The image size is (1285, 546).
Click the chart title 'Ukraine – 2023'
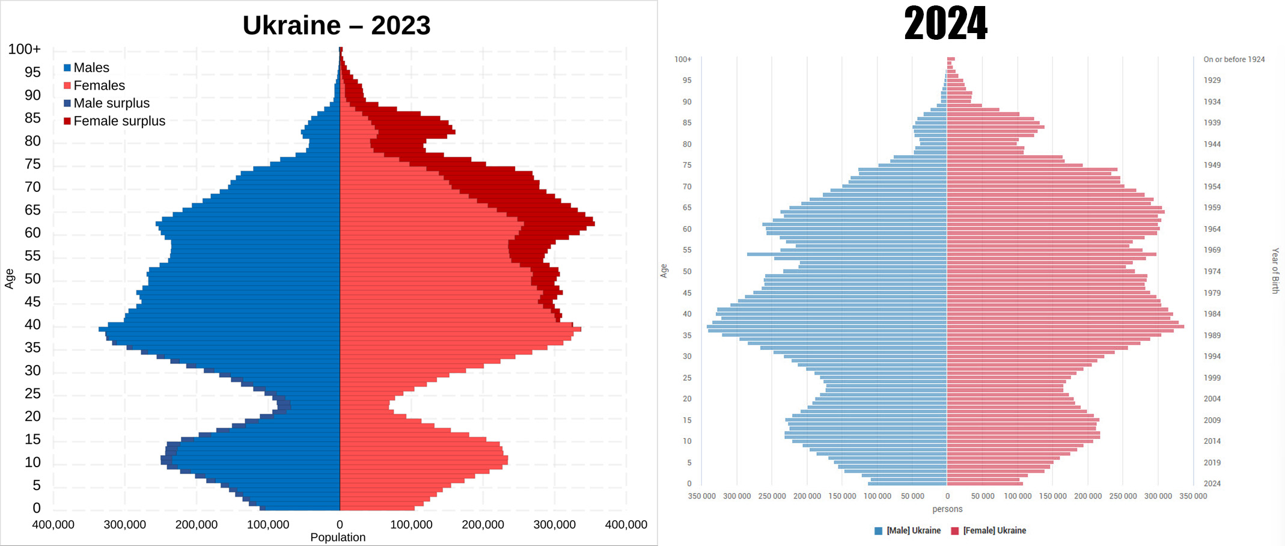[337, 25]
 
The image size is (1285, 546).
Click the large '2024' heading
[945, 24]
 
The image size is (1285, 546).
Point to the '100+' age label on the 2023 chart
[25, 49]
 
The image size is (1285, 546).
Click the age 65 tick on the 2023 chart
[32, 210]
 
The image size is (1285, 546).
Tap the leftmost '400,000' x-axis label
[53, 524]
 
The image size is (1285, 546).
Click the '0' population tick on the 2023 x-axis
[340, 524]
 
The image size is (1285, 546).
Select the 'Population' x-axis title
[338, 537]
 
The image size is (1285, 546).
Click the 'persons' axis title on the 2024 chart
[947, 509]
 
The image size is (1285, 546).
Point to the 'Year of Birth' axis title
[1275, 271]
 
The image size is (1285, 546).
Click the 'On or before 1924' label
[1234, 60]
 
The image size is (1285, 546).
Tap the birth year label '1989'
[1212, 336]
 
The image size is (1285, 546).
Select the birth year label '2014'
[1212, 441]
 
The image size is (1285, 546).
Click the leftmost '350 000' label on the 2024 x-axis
[702, 496]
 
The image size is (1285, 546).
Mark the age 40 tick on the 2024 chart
[687, 314]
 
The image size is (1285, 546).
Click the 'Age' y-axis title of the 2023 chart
[10, 278]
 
